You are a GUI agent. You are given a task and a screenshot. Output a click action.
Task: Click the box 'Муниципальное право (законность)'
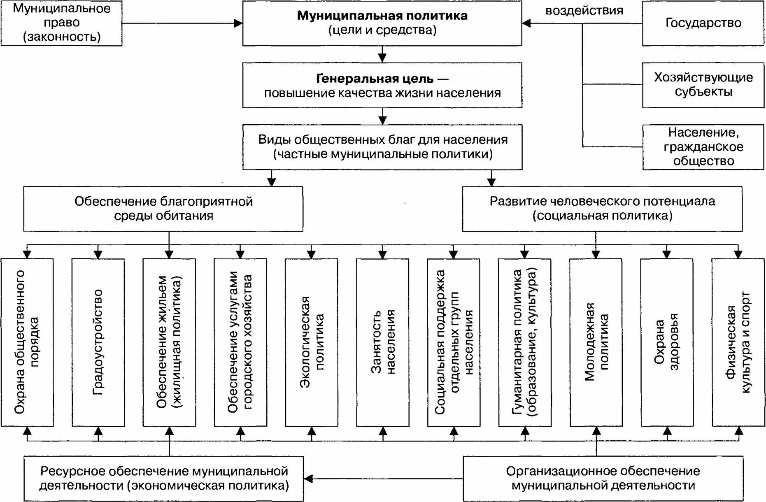click(61, 23)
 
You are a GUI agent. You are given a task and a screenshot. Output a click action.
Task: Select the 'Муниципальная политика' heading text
click(382, 16)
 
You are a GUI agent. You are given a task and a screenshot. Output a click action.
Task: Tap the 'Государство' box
click(703, 23)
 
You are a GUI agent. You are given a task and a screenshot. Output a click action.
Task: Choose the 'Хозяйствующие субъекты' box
click(703, 85)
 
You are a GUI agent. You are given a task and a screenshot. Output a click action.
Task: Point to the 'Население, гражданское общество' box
click(703, 147)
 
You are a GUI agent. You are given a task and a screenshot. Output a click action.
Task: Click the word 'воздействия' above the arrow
click(584, 11)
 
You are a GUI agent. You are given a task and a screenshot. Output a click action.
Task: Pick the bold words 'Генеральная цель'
click(375, 78)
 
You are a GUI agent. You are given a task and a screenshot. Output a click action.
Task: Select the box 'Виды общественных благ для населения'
click(382, 147)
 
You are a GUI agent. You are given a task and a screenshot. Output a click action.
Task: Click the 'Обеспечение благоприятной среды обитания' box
click(163, 209)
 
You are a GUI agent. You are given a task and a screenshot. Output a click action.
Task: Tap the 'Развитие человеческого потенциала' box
click(602, 209)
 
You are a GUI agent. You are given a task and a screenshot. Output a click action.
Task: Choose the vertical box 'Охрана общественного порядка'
click(27, 342)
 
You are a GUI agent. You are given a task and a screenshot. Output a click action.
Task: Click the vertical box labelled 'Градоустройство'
click(98, 342)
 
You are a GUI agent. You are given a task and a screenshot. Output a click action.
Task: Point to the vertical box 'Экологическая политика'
click(311, 342)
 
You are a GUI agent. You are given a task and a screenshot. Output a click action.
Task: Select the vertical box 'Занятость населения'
click(382, 342)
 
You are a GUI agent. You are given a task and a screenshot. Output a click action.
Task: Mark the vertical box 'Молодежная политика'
click(596, 342)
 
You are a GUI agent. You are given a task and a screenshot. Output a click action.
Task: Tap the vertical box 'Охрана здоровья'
click(667, 342)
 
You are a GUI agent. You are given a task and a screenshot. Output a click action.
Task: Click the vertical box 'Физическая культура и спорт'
click(738, 342)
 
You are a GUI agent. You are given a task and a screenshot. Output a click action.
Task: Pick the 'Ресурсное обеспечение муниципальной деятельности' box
click(163, 478)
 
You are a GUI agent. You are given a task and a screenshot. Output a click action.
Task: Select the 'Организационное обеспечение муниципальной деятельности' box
click(603, 478)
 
